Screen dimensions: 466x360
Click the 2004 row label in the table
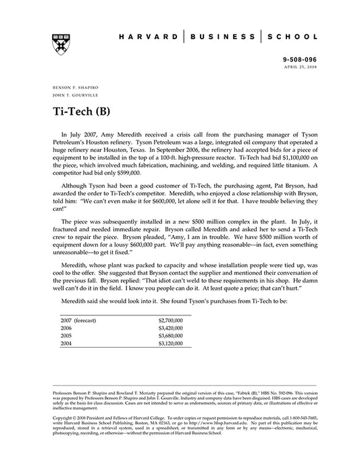(66, 344)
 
